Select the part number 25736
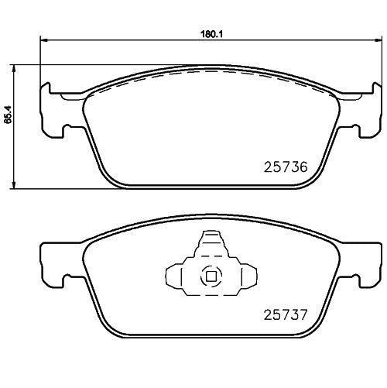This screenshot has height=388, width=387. click(287, 167)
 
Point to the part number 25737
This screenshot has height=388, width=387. click(287, 316)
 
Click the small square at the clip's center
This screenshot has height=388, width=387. click(209, 275)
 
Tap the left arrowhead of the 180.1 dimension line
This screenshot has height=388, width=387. click(43, 41)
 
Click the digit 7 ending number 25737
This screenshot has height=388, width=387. click(304, 316)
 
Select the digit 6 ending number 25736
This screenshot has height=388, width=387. click(304, 167)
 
